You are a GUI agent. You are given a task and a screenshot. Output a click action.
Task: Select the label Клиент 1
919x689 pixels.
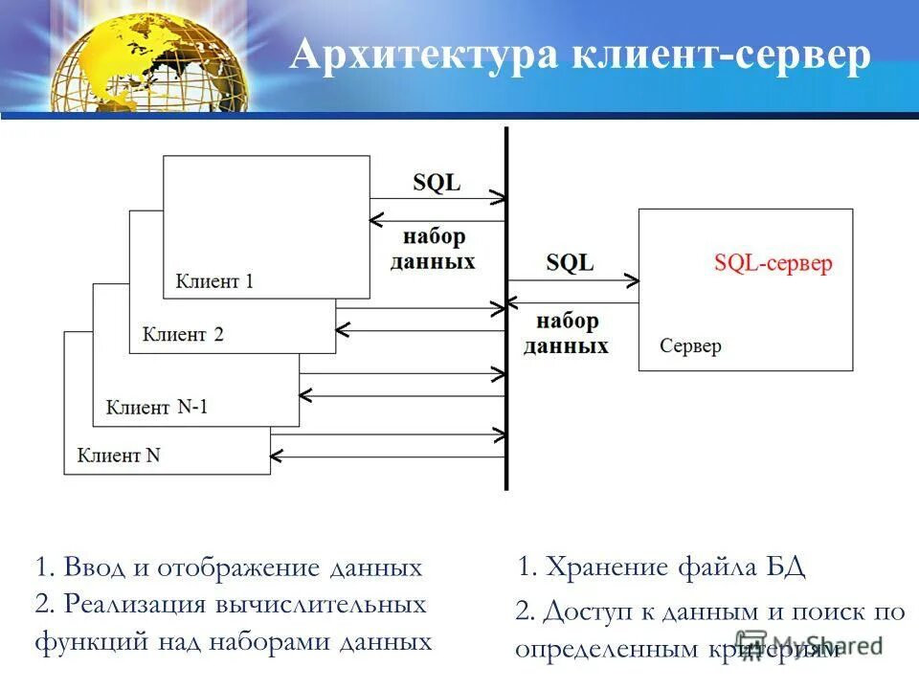click(x=214, y=281)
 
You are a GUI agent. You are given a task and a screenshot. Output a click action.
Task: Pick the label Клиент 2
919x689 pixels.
click(x=183, y=334)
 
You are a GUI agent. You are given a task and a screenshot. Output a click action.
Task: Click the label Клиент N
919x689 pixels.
click(x=119, y=456)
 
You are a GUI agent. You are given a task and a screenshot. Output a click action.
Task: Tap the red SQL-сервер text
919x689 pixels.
click(x=773, y=263)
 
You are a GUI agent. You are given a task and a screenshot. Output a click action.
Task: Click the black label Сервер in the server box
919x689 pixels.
click(x=690, y=345)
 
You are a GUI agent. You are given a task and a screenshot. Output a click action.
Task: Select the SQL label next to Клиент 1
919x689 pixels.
click(x=437, y=183)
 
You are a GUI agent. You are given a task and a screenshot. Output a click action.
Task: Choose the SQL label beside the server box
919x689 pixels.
click(x=570, y=262)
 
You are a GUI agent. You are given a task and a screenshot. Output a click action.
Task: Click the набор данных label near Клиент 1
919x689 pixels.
click(x=434, y=249)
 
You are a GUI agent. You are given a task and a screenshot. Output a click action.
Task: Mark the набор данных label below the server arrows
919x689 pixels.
click(x=567, y=333)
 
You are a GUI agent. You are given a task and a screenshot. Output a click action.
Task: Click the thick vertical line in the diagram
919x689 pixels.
click(x=506, y=306)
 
